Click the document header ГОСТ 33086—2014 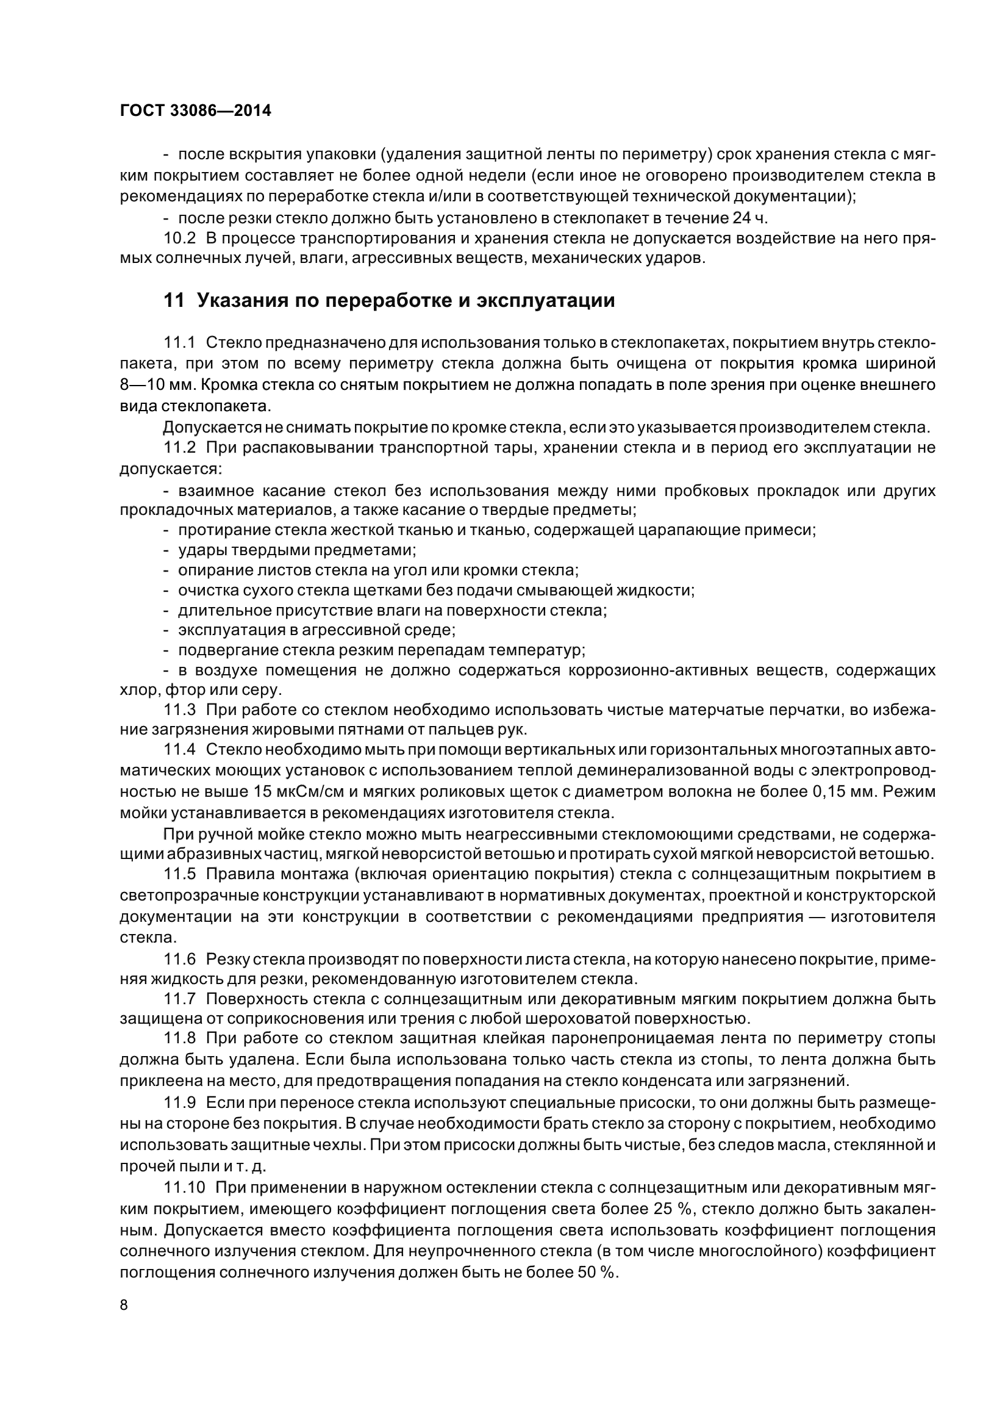tap(196, 111)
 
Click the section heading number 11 tap(174, 301)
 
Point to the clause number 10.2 tap(179, 238)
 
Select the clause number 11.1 tap(179, 342)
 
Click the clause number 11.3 tap(179, 710)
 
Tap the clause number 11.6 tap(179, 959)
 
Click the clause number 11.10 tap(184, 1188)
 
